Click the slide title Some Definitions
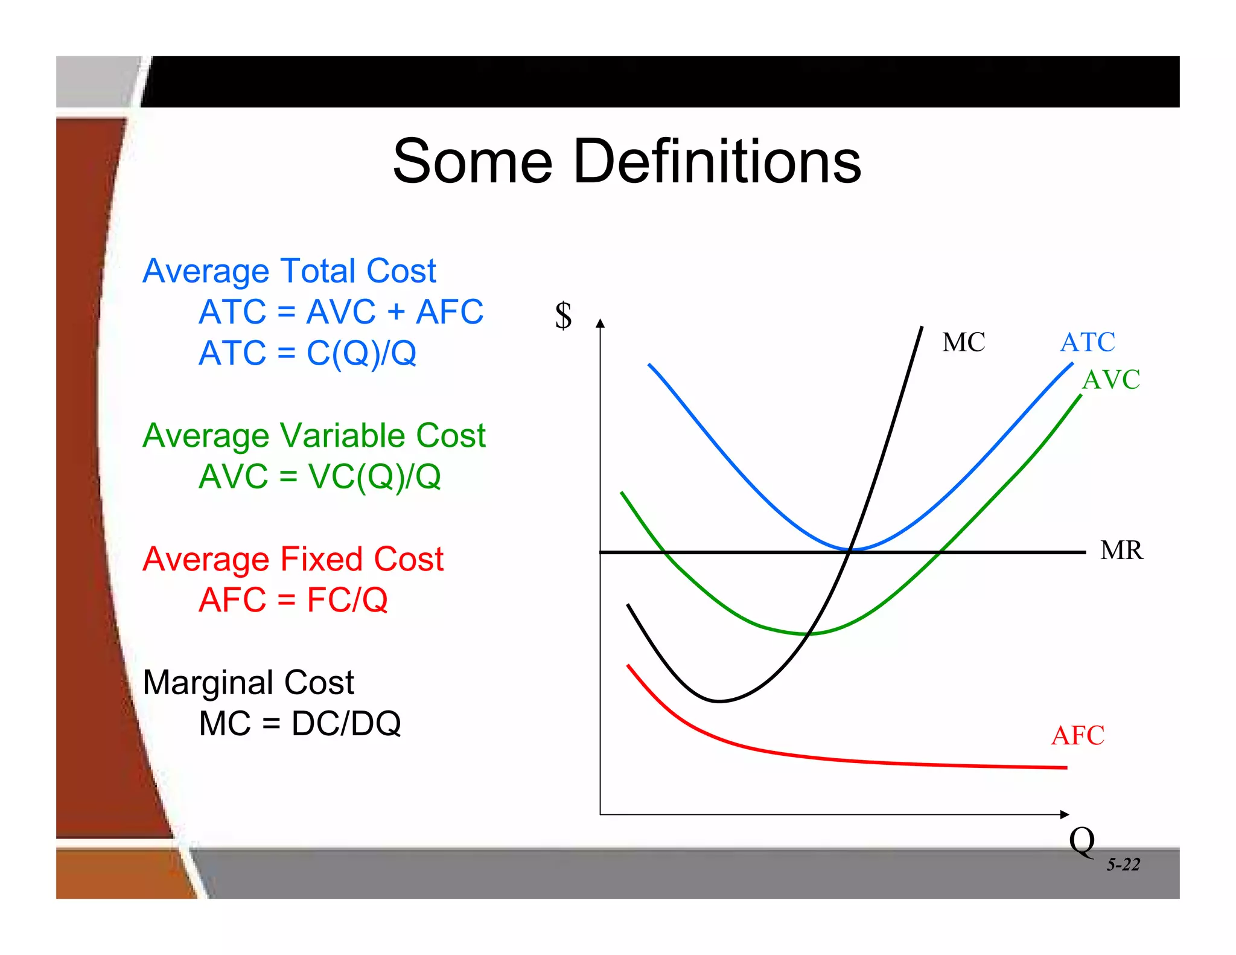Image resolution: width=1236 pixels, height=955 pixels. tap(626, 162)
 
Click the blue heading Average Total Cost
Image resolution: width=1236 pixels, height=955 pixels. tap(289, 271)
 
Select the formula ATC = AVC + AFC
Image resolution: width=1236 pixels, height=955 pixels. tap(341, 312)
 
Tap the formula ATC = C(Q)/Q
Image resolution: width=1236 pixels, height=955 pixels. tap(308, 353)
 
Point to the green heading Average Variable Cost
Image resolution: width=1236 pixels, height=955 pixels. tap(314, 436)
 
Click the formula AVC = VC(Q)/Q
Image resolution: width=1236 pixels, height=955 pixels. tap(320, 477)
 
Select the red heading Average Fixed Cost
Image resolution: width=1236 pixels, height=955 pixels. tap(293, 559)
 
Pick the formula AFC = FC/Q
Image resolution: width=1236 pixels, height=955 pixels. tap(293, 600)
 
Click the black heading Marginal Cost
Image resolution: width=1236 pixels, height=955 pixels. tap(248, 683)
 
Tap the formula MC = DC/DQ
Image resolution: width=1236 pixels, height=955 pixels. tap(300, 724)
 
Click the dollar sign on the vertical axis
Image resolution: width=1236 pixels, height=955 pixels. tap(563, 316)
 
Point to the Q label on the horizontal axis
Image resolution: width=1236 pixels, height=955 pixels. tap(1081, 841)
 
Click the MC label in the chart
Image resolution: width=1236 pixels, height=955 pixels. tap(963, 342)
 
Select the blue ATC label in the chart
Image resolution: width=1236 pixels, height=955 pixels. tap(1088, 342)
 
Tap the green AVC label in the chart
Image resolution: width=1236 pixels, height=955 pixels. tap(1111, 380)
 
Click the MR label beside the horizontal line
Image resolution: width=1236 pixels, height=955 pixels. tap(1121, 551)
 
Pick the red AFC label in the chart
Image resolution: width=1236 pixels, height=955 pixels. tap(1077, 736)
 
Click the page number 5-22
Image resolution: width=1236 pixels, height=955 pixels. tap(1123, 865)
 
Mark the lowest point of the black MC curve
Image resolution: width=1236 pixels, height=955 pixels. tap(719, 701)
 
